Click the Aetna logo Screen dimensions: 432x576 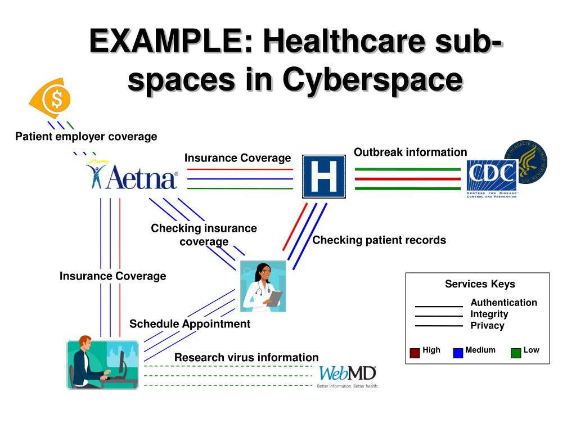[133, 176]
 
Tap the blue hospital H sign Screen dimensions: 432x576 [323, 177]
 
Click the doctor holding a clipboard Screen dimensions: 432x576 [263, 286]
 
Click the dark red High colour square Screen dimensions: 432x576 [415, 353]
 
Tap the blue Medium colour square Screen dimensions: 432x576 [458, 353]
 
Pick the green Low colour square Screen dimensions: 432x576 [516, 353]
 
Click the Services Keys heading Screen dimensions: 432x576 [480, 284]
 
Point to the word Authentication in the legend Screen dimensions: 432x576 [503, 303]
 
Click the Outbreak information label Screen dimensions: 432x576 [410, 152]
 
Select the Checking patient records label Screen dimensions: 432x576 [379, 240]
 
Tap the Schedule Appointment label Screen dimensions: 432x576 [190, 324]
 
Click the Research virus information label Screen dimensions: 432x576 [246, 358]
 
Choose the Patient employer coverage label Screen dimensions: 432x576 [86, 137]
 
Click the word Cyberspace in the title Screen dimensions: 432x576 [372, 80]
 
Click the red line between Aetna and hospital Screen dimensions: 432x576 [240, 169]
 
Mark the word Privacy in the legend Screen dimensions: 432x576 [487, 326]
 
